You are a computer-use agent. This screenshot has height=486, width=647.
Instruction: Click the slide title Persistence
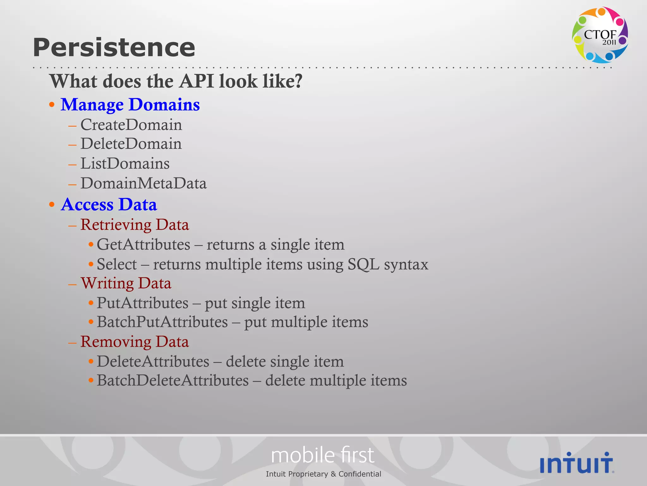point(114,47)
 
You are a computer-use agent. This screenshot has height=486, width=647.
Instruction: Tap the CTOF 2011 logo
point(600,35)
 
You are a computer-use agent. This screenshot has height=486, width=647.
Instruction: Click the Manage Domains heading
point(130,104)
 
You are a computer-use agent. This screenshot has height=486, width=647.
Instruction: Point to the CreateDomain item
point(131,125)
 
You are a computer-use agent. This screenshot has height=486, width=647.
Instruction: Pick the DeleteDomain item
point(131,144)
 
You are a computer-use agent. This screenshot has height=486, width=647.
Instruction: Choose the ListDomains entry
point(125,164)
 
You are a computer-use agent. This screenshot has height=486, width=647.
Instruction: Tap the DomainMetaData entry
point(143,183)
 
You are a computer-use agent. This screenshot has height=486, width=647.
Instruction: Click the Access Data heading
point(109,204)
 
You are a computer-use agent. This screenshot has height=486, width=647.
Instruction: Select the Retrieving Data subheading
point(135,225)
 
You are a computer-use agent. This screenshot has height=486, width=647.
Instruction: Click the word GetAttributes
point(143,245)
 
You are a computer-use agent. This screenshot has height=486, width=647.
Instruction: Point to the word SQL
point(363,264)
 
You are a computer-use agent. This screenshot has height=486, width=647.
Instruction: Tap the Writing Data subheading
point(126,283)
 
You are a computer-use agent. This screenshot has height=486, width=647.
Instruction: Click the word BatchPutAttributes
point(162,322)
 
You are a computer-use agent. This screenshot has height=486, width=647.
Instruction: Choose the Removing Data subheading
point(135,342)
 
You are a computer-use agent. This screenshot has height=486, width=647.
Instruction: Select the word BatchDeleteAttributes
point(173,380)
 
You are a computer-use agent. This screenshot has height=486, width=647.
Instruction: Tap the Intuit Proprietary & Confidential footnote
point(323,474)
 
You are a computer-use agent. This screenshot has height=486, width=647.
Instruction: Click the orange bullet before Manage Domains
point(52,105)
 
